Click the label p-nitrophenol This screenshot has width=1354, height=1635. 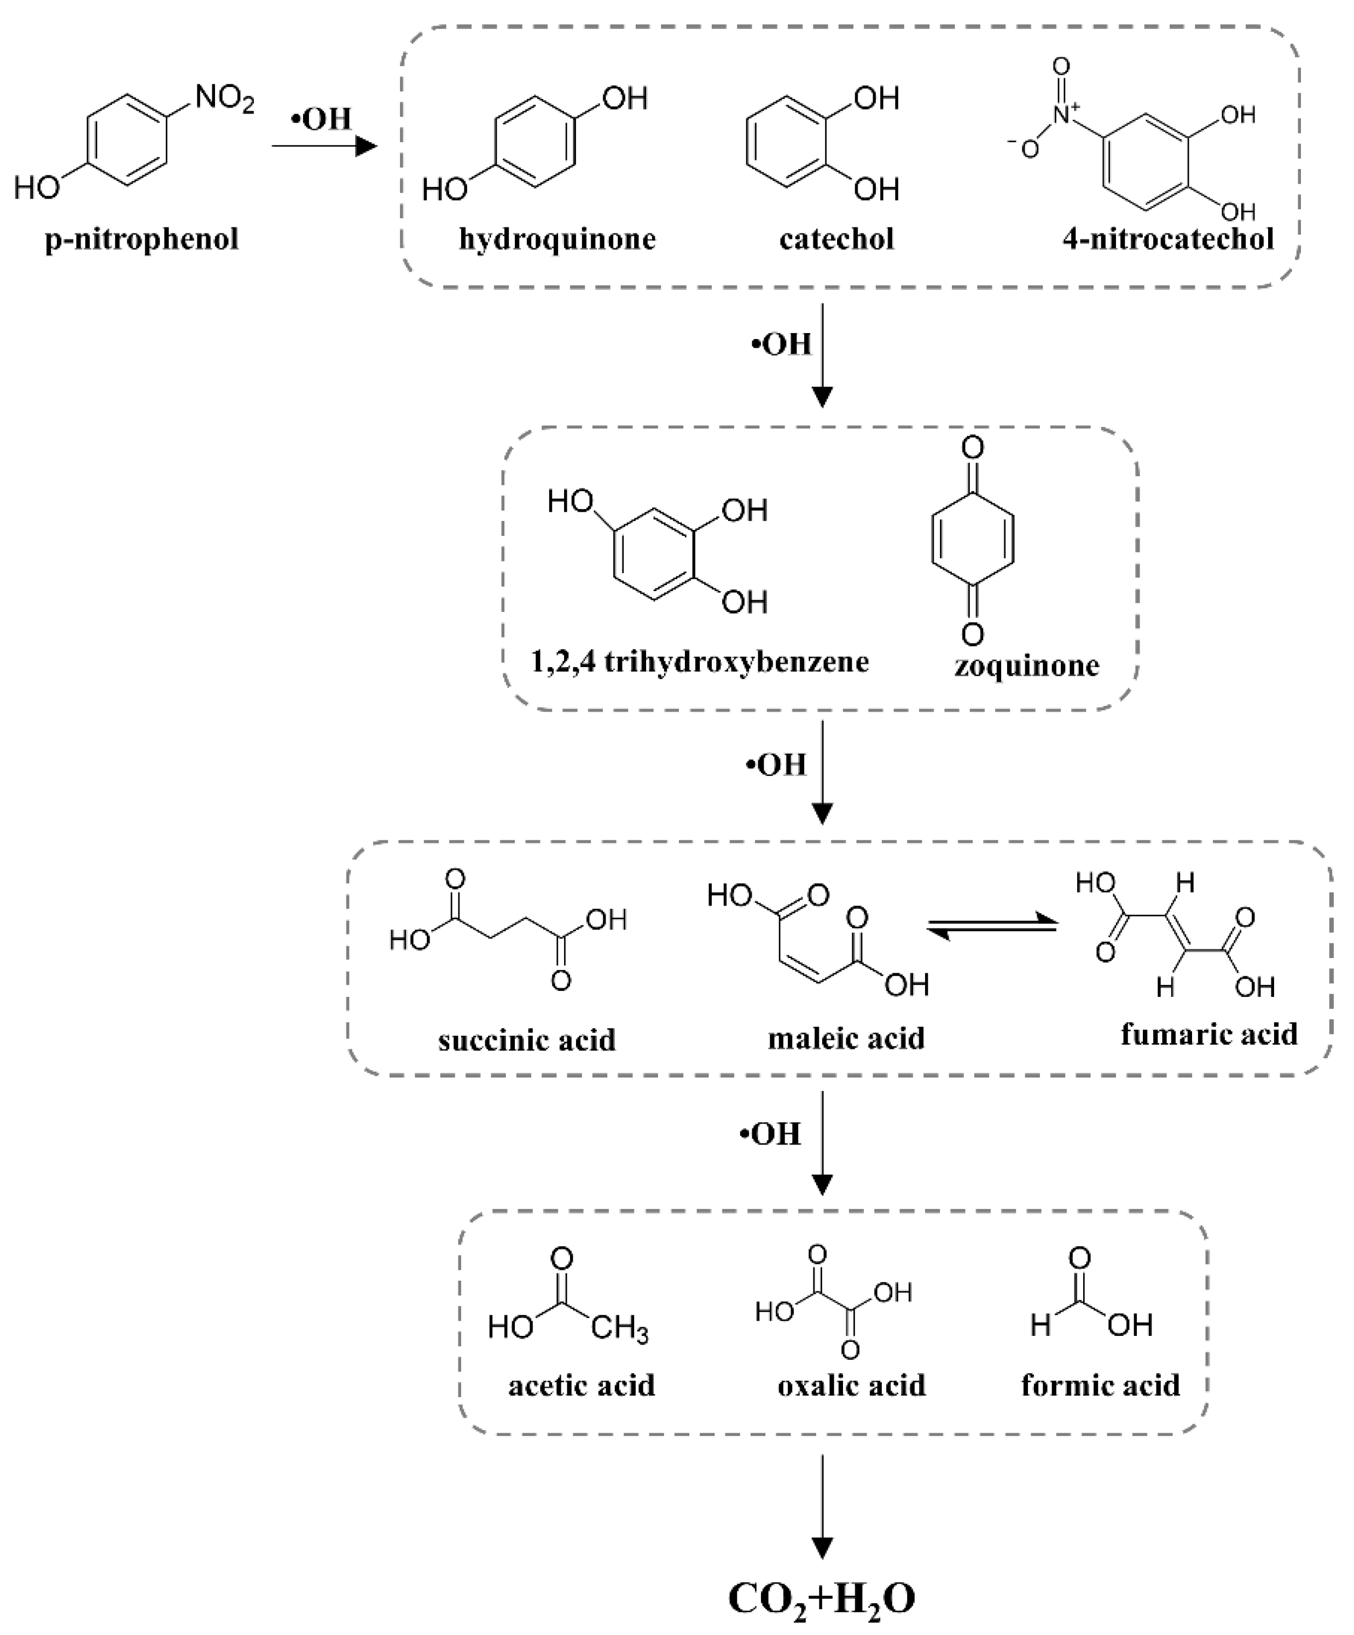point(142,239)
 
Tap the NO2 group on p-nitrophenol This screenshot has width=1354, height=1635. point(224,100)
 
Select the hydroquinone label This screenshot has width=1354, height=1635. point(557,239)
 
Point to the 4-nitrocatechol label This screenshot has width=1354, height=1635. point(1168,239)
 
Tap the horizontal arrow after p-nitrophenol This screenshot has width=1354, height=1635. point(323,145)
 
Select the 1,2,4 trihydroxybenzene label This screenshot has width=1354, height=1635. point(699,662)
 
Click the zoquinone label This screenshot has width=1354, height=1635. point(1026,665)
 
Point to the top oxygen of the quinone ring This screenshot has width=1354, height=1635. point(972,448)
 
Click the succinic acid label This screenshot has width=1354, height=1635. point(527,1040)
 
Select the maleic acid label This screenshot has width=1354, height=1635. point(846,1038)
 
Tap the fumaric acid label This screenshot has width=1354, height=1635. point(1209,1034)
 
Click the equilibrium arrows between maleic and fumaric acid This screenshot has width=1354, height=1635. point(992,928)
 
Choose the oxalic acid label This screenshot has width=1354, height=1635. point(851,1386)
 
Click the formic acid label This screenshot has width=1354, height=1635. point(1100,1386)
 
